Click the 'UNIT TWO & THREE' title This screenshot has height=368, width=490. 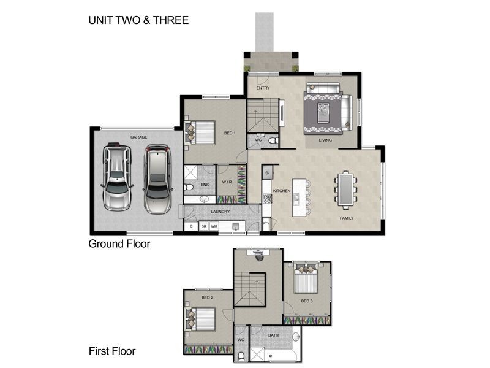pyautogui.click(x=138, y=20)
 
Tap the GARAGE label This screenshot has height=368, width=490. pyautogui.click(x=138, y=137)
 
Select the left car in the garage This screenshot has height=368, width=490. pyautogui.click(x=117, y=177)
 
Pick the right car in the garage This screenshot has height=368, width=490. pyautogui.click(x=156, y=178)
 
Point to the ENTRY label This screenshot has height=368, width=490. pyautogui.click(x=263, y=88)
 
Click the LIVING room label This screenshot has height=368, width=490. pyautogui.click(x=325, y=140)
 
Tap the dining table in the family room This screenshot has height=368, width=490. pyautogui.click(x=347, y=188)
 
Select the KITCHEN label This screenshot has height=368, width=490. pyautogui.click(x=281, y=191)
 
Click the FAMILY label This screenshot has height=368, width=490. pyautogui.click(x=347, y=218)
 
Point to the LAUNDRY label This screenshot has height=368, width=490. pyautogui.click(x=220, y=212)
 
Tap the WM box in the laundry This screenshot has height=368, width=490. pyautogui.click(x=214, y=226)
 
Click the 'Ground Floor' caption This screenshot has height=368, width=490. pyautogui.click(x=119, y=244)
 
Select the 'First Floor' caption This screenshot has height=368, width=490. pyautogui.click(x=112, y=351)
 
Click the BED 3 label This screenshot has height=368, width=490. pyautogui.click(x=307, y=301)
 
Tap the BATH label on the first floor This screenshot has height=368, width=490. pyautogui.click(x=273, y=335)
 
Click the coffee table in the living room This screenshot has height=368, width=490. pyautogui.click(x=323, y=112)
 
